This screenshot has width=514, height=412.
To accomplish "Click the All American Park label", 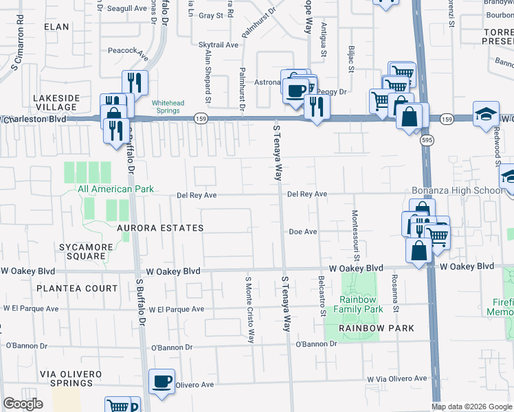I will click(115, 189).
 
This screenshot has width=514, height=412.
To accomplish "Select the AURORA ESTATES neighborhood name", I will click(160, 228).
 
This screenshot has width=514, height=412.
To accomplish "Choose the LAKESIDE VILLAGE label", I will click(56, 103).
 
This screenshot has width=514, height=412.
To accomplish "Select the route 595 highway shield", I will click(425, 140).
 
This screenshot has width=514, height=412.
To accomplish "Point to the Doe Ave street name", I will click(302, 232).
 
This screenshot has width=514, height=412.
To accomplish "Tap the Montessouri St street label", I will click(357, 236).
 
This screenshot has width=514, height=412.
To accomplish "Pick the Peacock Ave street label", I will click(128, 51).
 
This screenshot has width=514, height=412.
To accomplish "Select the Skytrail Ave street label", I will click(218, 45).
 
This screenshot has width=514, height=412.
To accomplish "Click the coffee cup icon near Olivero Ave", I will click(161, 382).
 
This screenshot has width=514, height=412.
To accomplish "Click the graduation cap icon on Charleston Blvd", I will click(486, 114).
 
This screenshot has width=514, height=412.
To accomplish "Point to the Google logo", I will click(23, 404).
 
